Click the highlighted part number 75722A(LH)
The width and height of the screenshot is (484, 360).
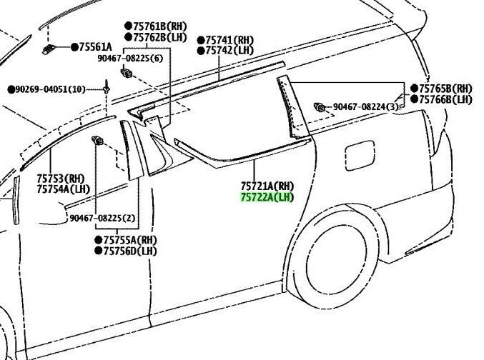(x=267, y=197)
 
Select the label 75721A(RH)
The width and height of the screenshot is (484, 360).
(x=267, y=186)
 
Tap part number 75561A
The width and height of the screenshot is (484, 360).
(x=95, y=47)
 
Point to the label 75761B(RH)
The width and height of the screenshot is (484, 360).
(x=160, y=26)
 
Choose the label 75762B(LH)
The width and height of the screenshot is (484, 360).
(x=160, y=37)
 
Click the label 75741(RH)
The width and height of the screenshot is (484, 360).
(x=229, y=40)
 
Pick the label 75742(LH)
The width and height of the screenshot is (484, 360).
(x=229, y=50)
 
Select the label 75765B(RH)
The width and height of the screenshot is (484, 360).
(x=445, y=89)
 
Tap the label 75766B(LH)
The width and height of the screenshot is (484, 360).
(x=445, y=99)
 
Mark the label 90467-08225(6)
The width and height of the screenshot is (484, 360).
(x=130, y=58)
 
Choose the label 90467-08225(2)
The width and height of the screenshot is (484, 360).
(x=102, y=218)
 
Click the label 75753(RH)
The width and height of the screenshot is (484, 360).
(x=61, y=179)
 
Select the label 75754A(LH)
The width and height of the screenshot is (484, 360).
(x=64, y=189)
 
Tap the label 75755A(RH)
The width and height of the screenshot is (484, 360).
(x=130, y=240)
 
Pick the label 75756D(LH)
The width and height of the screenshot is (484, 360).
(x=130, y=251)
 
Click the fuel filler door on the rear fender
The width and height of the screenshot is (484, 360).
(x=360, y=155)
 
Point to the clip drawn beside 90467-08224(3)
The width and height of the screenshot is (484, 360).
(x=319, y=108)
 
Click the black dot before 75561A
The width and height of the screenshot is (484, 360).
(x=74, y=47)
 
